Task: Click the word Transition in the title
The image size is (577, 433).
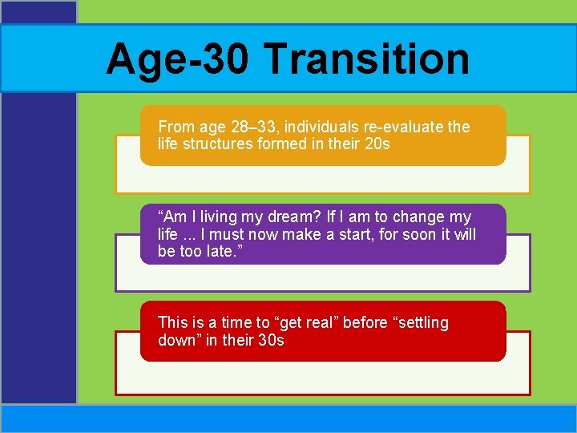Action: click(x=365, y=59)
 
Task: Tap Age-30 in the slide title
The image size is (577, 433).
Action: click(x=178, y=59)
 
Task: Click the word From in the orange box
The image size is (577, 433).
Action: click(x=174, y=127)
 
